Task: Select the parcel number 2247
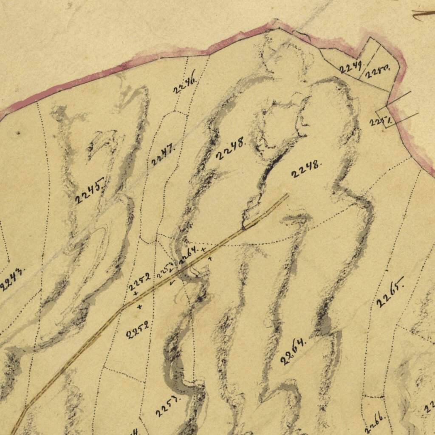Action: (x=163, y=155)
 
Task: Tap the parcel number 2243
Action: (x=13, y=279)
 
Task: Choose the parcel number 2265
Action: (x=390, y=293)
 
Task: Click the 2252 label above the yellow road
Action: (x=139, y=281)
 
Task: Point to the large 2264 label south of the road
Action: (x=294, y=351)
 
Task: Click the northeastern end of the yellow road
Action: (x=287, y=195)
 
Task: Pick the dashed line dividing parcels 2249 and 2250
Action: (x=366, y=68)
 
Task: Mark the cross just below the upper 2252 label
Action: (x=136, y=293)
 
